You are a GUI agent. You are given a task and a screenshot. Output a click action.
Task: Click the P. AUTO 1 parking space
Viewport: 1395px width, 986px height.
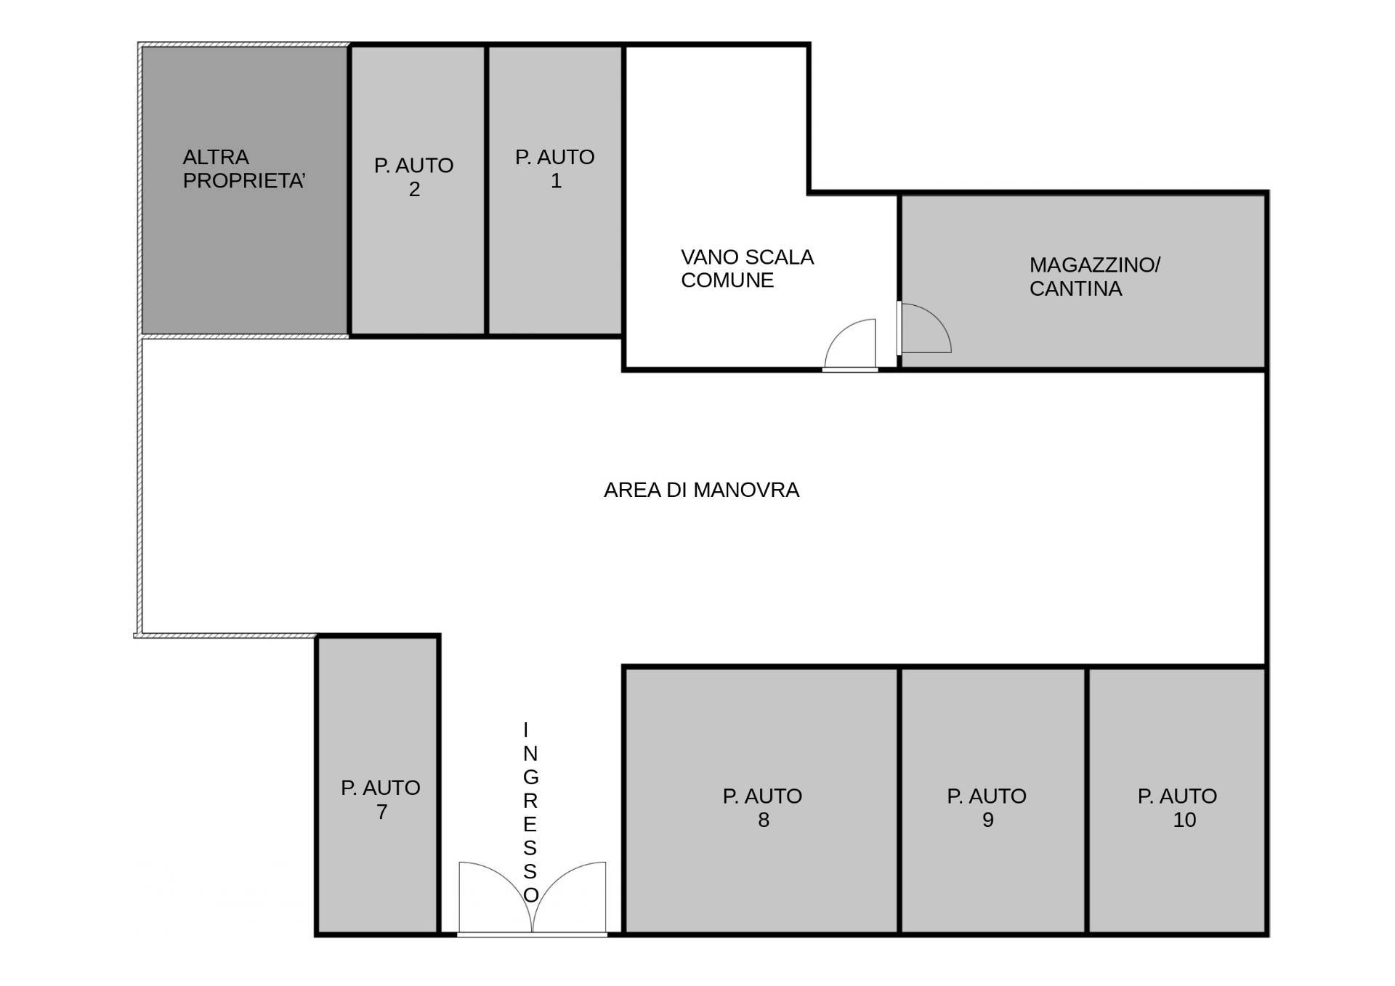[x=555, y=190]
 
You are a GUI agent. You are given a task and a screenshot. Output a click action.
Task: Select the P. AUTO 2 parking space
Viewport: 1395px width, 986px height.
[x=418, y=190]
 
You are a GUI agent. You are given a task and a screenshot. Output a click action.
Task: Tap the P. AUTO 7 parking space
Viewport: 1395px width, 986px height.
[x=379, y=785]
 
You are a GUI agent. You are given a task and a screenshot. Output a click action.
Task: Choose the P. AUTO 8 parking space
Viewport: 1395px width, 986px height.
[x=761, y=800]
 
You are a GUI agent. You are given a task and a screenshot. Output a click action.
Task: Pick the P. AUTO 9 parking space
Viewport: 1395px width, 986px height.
[x=993, y=800]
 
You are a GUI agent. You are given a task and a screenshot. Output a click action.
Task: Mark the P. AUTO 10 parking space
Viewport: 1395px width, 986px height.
[x=1177, y=800]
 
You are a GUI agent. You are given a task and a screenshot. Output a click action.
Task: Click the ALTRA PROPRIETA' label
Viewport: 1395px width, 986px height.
[x=243, y=169]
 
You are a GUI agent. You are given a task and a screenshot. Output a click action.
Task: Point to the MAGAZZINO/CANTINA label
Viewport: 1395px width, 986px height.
[x=1094, y=276]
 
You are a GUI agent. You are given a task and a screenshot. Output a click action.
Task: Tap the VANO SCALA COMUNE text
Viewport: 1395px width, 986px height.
[x=747, y=268]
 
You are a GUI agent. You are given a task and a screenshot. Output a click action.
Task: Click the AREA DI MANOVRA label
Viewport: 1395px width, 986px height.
[x=701, y=490]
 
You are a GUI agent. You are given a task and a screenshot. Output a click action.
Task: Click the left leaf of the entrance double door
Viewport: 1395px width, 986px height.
[x=495, y=897]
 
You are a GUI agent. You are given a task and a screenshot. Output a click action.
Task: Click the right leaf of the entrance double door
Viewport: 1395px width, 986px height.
[x=570, y=897]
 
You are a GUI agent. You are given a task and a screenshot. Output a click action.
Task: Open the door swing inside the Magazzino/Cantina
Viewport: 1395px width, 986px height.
[x=925, y=328]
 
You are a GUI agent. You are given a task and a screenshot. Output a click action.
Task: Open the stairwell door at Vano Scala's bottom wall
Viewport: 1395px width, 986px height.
[x=850, y=344]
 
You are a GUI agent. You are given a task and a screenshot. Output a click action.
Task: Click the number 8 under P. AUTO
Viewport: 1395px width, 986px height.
[x=764, y=820]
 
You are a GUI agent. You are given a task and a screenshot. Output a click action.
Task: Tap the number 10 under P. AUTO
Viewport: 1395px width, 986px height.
[x=1184, y=820]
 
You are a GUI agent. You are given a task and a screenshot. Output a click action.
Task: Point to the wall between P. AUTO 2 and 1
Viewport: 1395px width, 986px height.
[x=486, y=190]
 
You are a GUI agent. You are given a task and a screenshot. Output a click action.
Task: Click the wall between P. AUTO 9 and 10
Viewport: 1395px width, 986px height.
[x=1087, y=800]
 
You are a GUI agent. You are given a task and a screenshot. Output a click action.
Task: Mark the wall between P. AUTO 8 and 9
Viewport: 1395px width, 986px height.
[x=900, y=800]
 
